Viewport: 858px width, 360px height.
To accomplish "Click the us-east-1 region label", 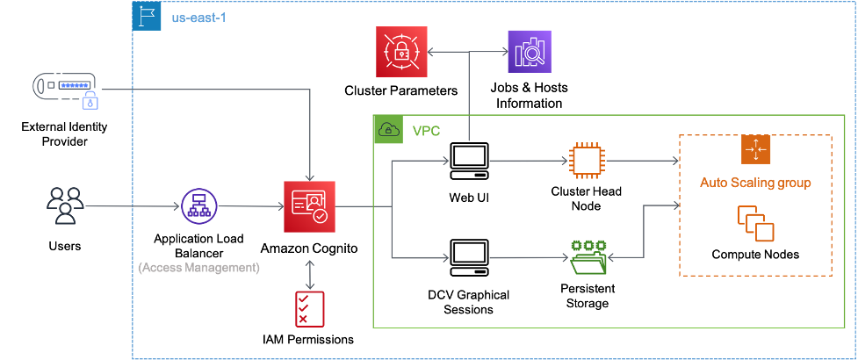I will [x=198, y=18].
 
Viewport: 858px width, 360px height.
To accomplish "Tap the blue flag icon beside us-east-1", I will [x=146, y=17].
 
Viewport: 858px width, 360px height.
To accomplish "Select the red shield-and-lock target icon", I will [x=400, y=54].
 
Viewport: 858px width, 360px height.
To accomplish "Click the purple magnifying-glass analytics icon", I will [x=530, y=54].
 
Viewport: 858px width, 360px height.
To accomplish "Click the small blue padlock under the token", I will [x=90, y=103].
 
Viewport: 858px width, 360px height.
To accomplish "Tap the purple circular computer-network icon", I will [x=198, y=208].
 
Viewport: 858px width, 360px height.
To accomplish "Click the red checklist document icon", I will [x=309, y=308].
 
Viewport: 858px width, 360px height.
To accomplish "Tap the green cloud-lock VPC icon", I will [x=387, y=130].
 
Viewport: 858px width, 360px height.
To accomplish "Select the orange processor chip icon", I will [x=585, y=162].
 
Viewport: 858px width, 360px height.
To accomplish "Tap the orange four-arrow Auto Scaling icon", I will [x=754, y=149].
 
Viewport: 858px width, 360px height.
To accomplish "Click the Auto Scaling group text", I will [x=754, y=184].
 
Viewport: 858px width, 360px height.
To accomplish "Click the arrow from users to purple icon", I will [x=132, y=208].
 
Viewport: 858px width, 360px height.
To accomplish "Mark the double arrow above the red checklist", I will [x=309, y=274].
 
